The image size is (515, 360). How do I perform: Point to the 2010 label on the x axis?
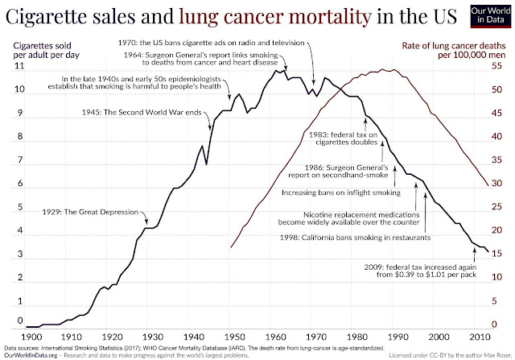point(480,335)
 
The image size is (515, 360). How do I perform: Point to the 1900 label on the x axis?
point(32,335)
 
